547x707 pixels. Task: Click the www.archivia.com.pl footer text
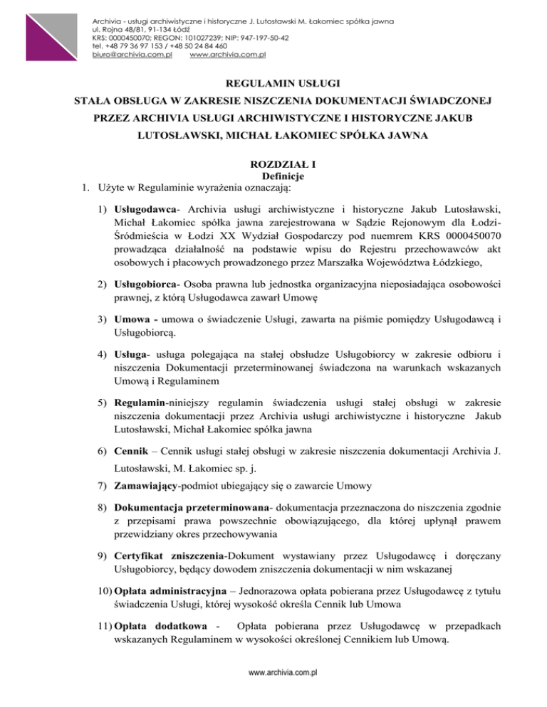point(273,691)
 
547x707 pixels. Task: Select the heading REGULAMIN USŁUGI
point(273,83)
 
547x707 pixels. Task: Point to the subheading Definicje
point(273,176)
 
